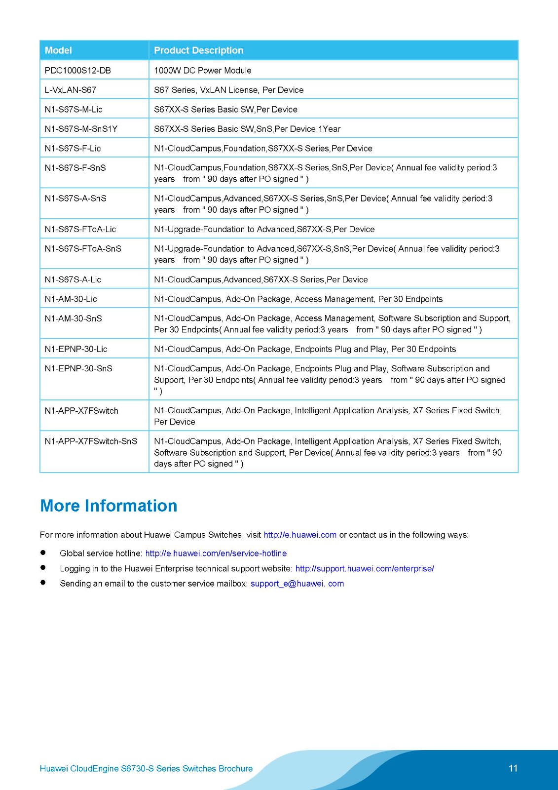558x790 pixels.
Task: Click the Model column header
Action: point(58,50)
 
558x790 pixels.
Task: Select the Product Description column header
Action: point(198,50)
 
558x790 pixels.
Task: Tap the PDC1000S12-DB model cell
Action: point(77,70)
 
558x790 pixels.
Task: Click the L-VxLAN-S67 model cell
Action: point(71,90)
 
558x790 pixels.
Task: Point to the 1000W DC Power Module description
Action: point(202,70)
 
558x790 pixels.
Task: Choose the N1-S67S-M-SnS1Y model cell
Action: point(81,129)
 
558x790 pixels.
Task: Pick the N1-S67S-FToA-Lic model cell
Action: point(80,229)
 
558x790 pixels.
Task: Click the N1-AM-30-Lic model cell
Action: point(71,299)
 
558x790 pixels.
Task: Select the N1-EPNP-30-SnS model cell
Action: point(78,368)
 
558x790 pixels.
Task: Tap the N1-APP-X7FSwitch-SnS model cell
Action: point(91,441)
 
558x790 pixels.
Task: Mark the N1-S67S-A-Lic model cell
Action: point(73,279)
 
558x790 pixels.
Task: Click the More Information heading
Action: point(109,506)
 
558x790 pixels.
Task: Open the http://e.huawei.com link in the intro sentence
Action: point(300,535)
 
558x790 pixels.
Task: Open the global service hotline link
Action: point(216,553)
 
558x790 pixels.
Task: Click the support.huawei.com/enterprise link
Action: point(365,569)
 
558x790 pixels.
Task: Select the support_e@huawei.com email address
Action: point(297,584)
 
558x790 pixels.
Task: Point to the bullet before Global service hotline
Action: point(43,553)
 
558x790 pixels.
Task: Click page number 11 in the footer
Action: point(513,768)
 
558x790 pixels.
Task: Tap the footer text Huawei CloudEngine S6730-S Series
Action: point(146,769)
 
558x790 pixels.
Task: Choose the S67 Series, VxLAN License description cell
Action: point(228,90)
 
